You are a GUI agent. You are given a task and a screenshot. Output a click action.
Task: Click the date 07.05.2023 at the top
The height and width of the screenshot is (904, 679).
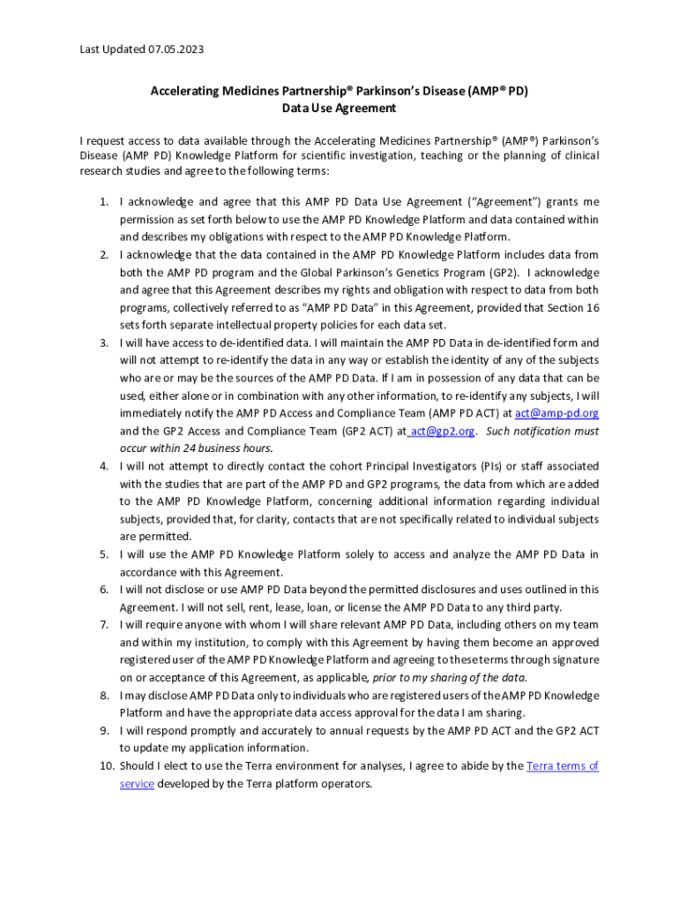(175, 49)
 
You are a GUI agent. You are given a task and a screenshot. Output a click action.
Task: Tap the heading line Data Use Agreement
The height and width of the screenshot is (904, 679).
(339, 109)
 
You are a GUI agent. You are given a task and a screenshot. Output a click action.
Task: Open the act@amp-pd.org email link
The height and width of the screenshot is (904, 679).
(556, 413)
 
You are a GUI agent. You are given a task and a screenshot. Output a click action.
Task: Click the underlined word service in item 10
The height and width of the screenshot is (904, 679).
(137, 784)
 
